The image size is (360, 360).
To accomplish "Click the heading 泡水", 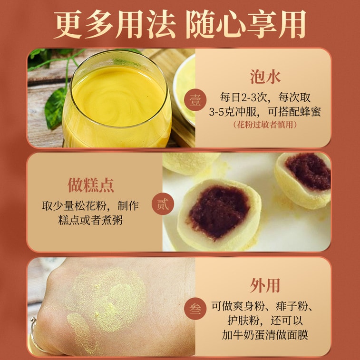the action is (265, 77).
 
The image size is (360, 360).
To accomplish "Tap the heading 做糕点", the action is (91, 185).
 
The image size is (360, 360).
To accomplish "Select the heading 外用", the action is (265, 286).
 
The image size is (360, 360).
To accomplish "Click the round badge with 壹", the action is (195, 100).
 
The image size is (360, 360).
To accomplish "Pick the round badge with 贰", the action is (163, 204).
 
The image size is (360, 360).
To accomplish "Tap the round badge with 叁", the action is (195, 309).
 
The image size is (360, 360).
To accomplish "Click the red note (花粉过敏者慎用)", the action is (265, 125).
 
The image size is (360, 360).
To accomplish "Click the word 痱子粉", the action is (292, 307).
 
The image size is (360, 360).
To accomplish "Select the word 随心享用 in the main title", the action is (245, 24).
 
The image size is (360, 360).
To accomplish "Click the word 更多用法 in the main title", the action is (115, 24).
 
